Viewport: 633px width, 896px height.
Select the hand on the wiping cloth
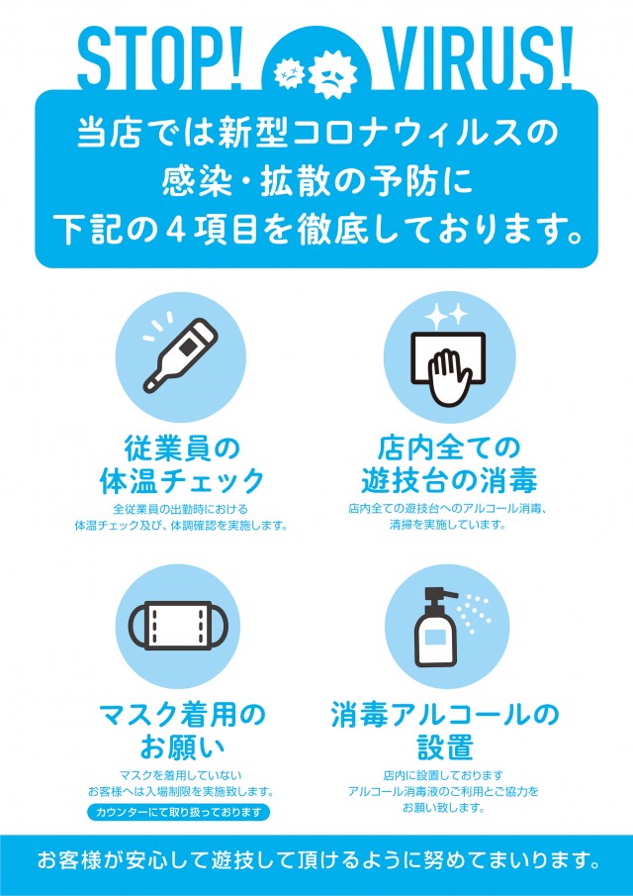click(x=450, y=377)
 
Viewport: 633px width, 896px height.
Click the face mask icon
click(x=178, y=625)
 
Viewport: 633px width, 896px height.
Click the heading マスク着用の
click(x=182, y=716)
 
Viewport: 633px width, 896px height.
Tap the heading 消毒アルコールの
click(x=444, y=716)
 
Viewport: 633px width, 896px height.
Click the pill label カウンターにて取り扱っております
click(x=179, y=812)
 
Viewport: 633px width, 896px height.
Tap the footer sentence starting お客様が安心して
click(x=318, y=859)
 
